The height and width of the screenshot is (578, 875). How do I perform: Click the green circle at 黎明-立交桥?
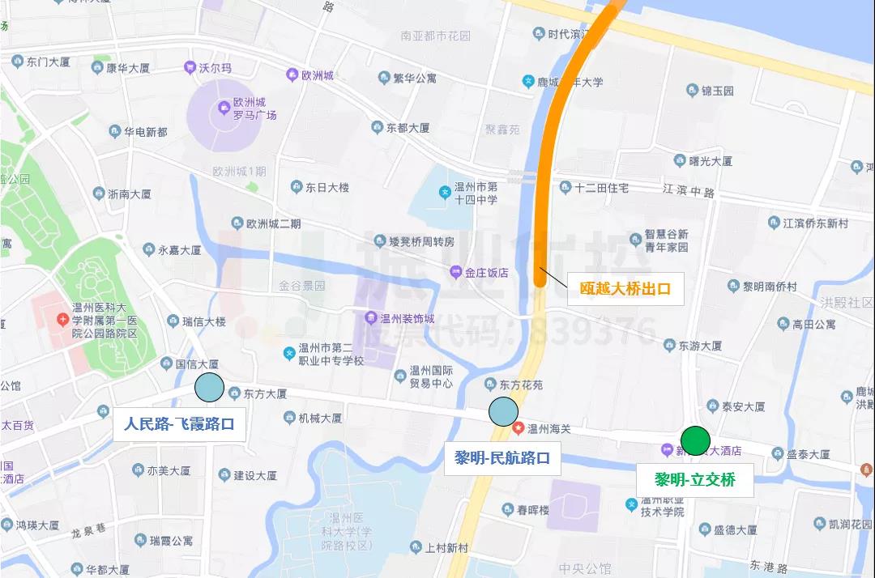[694, 440]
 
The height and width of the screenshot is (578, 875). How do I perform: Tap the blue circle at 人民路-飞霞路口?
[209, 388]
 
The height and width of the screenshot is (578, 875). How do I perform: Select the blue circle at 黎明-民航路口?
[502, 411]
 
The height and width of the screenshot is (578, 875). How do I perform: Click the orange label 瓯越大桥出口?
[625, 288]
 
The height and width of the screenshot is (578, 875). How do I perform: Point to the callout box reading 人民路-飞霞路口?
[179, 423]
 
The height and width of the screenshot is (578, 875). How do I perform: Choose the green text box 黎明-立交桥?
[694, 479]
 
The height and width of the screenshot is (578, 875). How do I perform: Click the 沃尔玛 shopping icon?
[187, 69]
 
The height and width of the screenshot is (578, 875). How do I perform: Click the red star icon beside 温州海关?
[518, 427]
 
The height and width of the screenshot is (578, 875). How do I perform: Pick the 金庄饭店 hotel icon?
[456, 273]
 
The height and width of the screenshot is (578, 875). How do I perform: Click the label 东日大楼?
[327, 187]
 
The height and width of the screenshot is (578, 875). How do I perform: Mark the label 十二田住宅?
[601, 187]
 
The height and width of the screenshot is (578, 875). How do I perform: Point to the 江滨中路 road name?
[689, 191]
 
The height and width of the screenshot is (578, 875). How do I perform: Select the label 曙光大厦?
[711, 161]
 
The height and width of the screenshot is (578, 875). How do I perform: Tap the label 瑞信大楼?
[203, 321]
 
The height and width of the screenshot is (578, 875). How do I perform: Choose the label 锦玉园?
[717, 91]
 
